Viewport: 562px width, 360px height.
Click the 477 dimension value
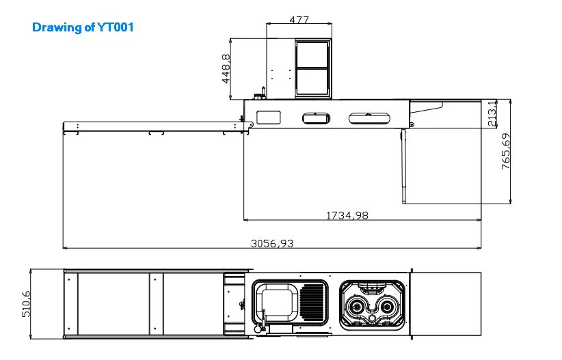click(299, 20)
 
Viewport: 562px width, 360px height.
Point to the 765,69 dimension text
click(506, 152)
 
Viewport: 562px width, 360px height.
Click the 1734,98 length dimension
click(347, 215)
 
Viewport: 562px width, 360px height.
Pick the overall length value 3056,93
click(272, 243)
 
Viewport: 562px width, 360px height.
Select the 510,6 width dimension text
click(27, 303)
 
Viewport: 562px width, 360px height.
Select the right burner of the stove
click(388, 307)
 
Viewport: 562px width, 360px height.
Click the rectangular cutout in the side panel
click(269, 117)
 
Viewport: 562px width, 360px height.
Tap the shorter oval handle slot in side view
click(317, 118)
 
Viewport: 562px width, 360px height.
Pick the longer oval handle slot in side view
click(370, 118)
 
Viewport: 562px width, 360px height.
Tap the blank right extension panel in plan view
click(447, 303)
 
